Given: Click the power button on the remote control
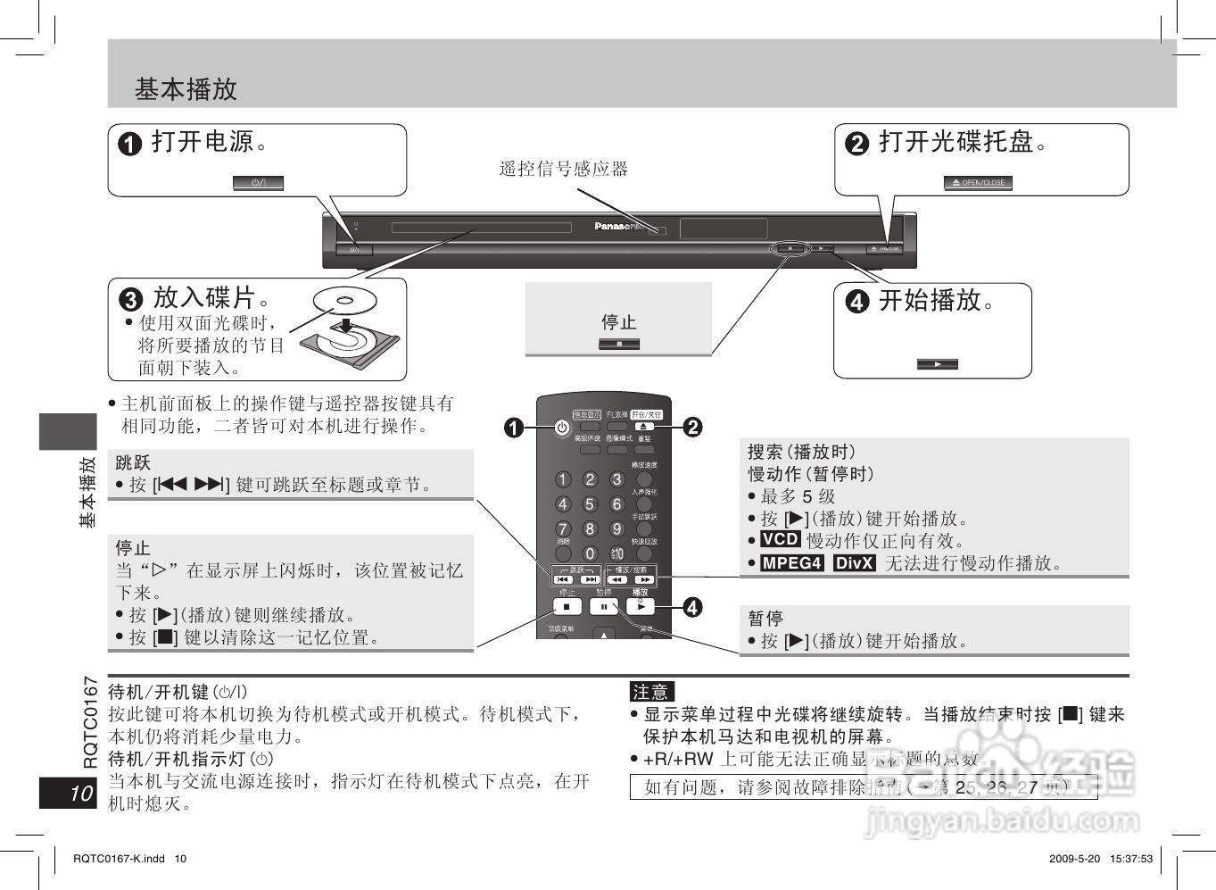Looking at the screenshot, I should [x=561, y=428].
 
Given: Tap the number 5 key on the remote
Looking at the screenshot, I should [x=590, y=504].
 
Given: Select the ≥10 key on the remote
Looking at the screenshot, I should [x=616, y=554].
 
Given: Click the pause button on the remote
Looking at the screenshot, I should [x=604, y=607].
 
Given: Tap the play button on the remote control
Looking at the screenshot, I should [x=641, y=606].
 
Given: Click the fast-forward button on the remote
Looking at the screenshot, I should [x=644, y=579].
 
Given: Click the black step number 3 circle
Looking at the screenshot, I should [x=131, y=299].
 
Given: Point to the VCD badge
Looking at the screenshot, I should [x=780, y=539].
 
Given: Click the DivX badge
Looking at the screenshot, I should [x=855, y=562].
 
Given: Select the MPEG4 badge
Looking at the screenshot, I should [x=791, y=562].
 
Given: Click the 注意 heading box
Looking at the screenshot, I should [x=650, y=691].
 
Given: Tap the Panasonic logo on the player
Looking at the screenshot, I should [x=618, y=226].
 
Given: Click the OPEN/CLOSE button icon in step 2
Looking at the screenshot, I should [x=978, y=183].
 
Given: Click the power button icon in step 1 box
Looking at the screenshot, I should [x=258, y=183].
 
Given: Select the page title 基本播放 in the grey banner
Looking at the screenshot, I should [x=186, y=89].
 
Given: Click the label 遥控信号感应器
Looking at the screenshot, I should [x=564, y=169].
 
